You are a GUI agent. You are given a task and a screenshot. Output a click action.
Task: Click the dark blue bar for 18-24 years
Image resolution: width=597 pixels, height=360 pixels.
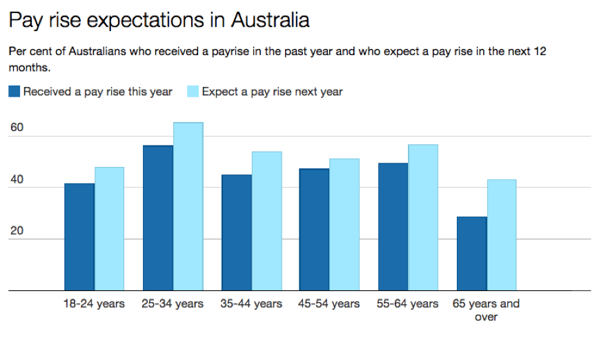[79, 237]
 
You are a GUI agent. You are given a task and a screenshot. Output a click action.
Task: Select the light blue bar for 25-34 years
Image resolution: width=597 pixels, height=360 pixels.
[188, 207]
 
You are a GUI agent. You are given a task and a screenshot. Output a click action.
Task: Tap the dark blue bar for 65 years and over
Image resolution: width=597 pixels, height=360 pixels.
[472, 254]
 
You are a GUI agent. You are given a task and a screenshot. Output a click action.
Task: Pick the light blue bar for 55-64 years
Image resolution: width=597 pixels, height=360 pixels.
[423, 218]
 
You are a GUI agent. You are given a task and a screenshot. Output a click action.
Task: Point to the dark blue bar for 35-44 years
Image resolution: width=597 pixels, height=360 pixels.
[237, 232]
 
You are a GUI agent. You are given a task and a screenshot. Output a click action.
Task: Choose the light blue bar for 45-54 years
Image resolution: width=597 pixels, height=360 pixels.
[344, 225]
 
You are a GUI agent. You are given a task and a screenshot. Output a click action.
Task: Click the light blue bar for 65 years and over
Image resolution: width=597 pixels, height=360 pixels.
[502, 235]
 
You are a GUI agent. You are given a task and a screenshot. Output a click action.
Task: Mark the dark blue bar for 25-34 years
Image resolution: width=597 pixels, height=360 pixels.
[158, 218]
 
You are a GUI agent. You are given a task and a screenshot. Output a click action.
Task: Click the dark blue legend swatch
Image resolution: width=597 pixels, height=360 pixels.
[14, 91]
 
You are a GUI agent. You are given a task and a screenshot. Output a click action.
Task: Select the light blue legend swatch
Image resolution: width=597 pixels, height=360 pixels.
[193, 91]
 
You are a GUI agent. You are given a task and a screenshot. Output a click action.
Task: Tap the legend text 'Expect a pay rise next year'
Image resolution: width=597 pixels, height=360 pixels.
[272, 92]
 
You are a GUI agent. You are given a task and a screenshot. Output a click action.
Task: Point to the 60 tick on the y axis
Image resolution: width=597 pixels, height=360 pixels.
[17, 127]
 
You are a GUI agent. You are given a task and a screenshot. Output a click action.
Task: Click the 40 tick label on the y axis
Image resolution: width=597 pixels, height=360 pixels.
[17, 179]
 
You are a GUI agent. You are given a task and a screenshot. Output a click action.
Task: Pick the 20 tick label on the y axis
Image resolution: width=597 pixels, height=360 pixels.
[17, 230]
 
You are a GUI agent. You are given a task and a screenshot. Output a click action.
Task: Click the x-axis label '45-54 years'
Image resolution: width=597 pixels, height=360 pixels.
[329, 303]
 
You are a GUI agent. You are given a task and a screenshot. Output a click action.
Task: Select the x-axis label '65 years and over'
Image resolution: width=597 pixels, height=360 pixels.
[486, 310]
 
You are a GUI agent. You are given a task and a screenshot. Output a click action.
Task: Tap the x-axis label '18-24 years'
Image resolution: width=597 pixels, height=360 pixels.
[94, 303]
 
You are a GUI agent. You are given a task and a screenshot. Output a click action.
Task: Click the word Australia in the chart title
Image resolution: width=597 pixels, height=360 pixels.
[270, 20]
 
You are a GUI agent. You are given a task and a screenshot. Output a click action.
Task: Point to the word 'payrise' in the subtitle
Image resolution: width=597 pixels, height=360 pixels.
[230, 52]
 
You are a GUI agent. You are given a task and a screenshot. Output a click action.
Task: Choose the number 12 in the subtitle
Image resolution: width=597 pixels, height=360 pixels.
[540, 51]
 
